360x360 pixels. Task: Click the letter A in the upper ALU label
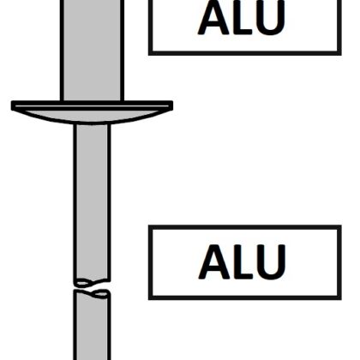pyautogui.click(x=213, y=18)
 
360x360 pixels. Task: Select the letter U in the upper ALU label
pyautogui.click(x=271, y=18)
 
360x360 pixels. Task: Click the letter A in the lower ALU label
pyautogui.click(x=214, y=261)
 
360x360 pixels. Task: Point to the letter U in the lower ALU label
pyautogui.click(x=271, y=262)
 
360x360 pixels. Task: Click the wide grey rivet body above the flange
pyautogui.click(x=92, y=50)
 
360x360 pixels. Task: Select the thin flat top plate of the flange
pyautogui.click(x=92, y=105)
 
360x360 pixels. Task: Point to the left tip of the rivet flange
pyautogui.click(x=11, y=105)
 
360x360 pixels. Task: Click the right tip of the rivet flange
pyautogui.click(x=173, y=105)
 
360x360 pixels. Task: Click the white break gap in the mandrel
pyautogui.click(x=92, y=287)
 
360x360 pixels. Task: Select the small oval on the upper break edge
pyautogui.click(x=83, y=283)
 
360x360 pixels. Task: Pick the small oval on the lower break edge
pyautogui.click(x=101, y=293)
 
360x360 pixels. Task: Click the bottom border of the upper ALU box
pyautogui.click(x=245, y=53)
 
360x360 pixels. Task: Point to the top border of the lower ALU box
pyautogui.click(x=245, y=227)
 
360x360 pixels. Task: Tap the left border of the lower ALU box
pyautogui.click(x=151, y=262)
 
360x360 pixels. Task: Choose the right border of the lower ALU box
pyautogui.click(x=339, y=262)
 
